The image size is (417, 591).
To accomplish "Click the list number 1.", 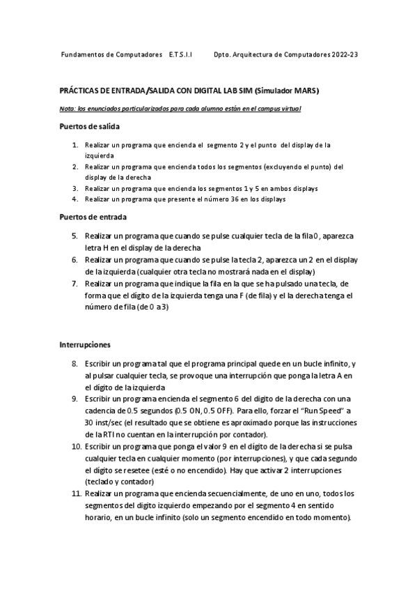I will pos(74,145).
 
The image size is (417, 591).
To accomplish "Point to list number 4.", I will pos(74,199).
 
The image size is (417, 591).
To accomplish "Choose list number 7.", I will pos(74,284).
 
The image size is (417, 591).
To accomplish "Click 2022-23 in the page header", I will pos(345,54).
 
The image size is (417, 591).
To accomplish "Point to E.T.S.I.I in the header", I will pos(181,54).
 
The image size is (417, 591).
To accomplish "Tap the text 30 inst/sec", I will pos(104,422).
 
